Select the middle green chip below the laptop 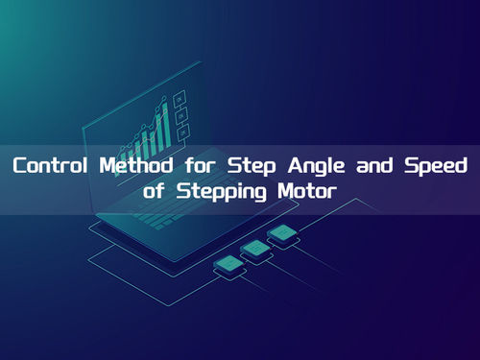pos(255,248)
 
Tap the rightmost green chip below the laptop pos(281,232)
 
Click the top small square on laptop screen pos(179,97)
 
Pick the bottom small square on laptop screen pos(182,130)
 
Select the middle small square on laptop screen pos(180,113)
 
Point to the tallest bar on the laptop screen pos(164,123)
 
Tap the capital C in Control pos(19,165)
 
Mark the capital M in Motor pos(272,190)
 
